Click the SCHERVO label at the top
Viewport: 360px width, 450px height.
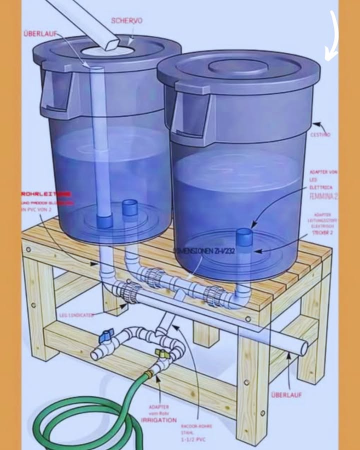click(126, 21)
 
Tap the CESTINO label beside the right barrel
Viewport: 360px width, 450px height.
click(320, 134)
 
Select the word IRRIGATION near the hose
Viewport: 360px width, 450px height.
click(158, 420)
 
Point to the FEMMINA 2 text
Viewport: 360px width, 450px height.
click(323, 196)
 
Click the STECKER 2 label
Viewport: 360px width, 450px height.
click(322, 232)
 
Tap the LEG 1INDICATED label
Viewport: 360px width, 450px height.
click(76, 315)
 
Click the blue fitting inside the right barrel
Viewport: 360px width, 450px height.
click(243, 236)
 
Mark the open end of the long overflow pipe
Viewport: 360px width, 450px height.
click(303, 347)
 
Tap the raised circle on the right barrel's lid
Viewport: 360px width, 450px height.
click(238, 66)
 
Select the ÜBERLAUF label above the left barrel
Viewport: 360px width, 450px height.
click(40, 33)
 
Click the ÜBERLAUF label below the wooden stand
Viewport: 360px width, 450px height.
click(286, 394)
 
